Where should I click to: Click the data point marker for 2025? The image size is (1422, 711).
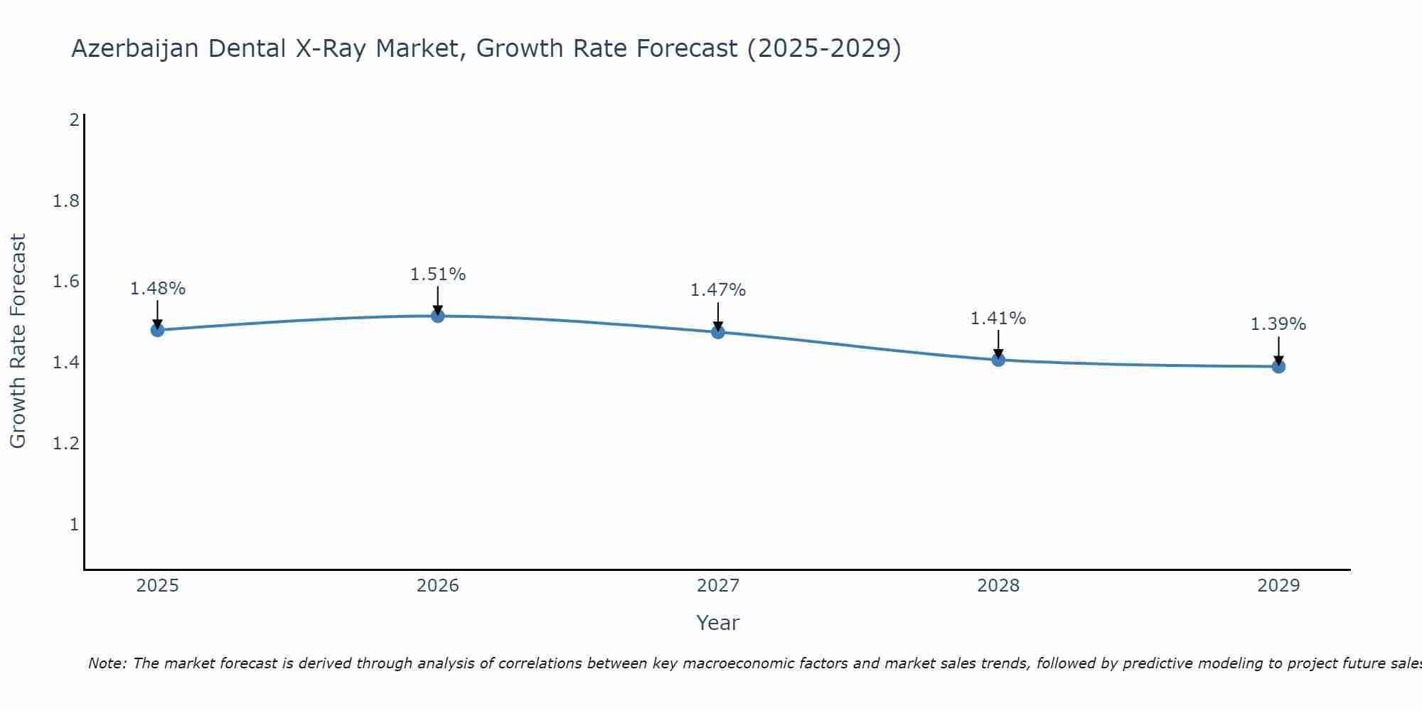[x=157, y=330]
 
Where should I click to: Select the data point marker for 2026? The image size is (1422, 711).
[x=438, y=316]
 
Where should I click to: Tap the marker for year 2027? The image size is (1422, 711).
[x=718, y=332]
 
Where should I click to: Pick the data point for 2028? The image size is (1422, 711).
[x=998, y=360]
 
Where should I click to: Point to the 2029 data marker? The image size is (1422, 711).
[x=1278, y=367]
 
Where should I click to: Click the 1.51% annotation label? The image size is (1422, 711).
[x=438, y=274]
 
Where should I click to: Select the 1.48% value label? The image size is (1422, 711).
[x=157, y=289]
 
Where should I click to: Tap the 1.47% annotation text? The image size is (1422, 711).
[x=718, y=290]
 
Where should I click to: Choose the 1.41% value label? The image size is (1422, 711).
[x=998, y=319]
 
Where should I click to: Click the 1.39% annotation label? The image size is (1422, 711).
[x=1278, y=324]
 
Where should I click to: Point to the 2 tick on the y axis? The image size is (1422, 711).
[x=74, y=120]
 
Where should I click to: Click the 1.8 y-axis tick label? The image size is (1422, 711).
[x=66, y=201]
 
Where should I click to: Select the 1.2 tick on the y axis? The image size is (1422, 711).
[x=66, y=444]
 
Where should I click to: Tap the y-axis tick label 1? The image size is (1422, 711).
[x=74, y=525]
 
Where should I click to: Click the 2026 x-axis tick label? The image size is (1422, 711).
[x=438, y=586]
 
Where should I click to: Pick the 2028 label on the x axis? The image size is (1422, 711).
[x=998, y=586]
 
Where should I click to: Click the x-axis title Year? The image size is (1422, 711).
[x=718, y=623]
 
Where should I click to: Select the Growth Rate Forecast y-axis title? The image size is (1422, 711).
[x=18, y=341]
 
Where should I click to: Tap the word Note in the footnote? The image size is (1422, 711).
[x=107, y=663]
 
